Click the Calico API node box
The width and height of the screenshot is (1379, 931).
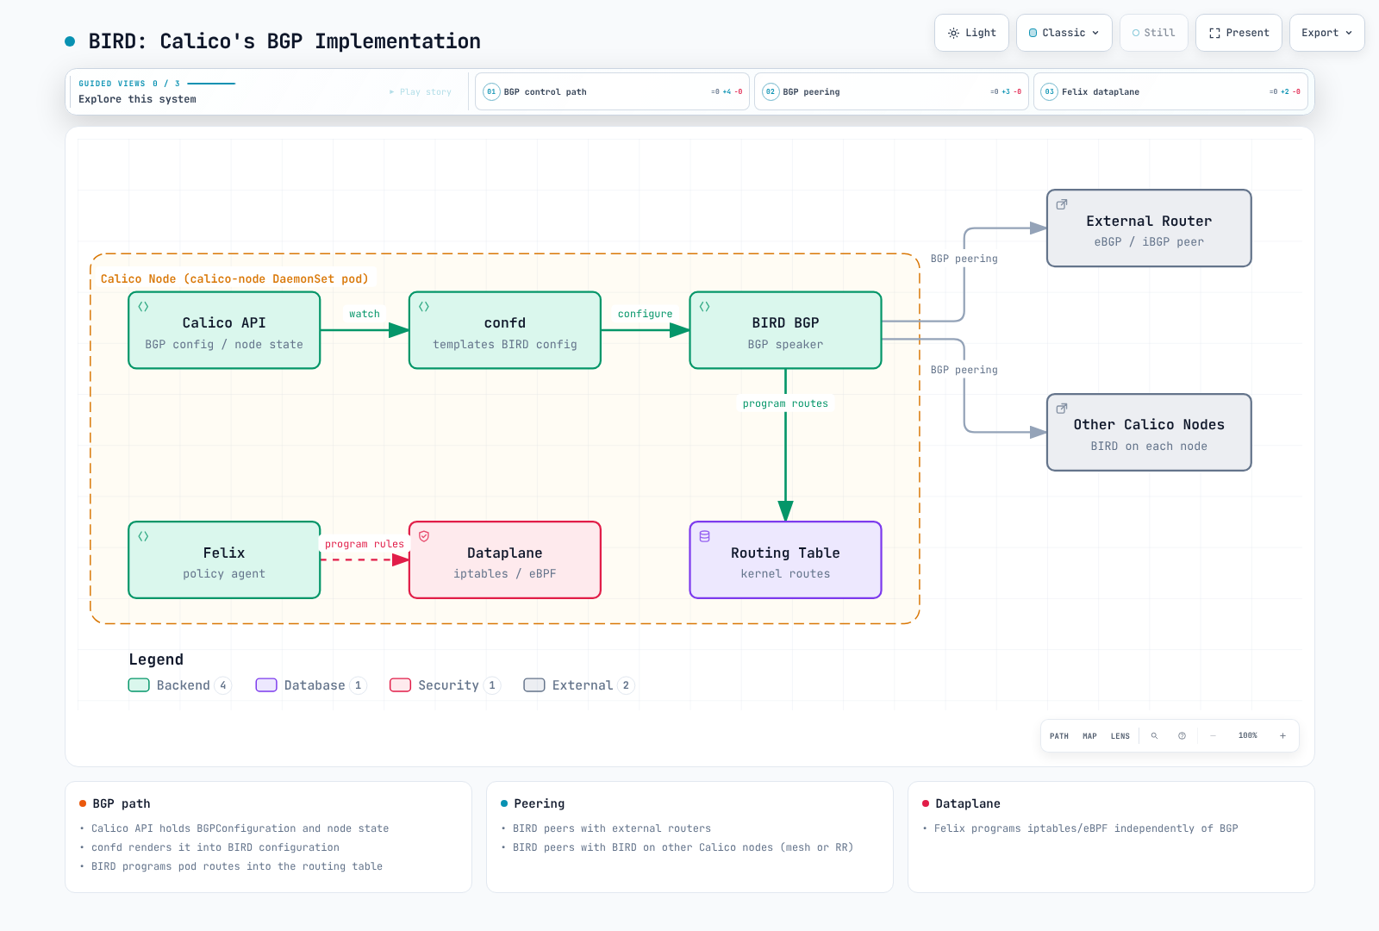[224, 331]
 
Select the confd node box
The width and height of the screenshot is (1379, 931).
[505, 331]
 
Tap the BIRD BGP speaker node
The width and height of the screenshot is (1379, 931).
[785, 331]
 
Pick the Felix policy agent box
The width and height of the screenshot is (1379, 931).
[224, 560]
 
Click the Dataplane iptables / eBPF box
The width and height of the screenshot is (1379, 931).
[505, 560]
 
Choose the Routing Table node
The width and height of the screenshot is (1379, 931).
[785, 560]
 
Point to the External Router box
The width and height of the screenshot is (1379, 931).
[1149, 228]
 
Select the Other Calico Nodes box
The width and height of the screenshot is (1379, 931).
[1149, 433]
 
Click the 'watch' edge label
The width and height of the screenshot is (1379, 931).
[365, 314]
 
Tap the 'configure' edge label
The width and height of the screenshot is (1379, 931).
[646, 314]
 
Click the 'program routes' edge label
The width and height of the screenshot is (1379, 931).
[785, 404]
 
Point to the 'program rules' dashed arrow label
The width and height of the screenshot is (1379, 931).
[365, 544]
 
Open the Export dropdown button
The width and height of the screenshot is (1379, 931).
[1326, 33]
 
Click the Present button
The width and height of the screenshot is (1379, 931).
[1239, 33]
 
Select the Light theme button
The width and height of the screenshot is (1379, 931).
[971, 33]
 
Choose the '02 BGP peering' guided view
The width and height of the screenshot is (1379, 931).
[891, 91]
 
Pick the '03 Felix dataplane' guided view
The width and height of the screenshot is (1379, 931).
[1170, 91]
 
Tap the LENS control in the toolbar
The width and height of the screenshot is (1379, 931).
[1120, 736]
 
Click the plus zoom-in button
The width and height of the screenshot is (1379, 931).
[1283, 736]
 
